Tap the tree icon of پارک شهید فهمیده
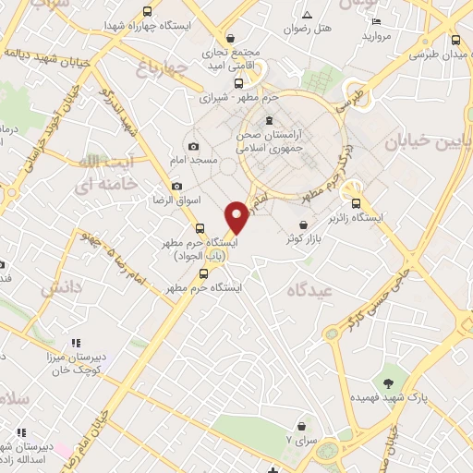pos(387,382)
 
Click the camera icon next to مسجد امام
pos(193,147)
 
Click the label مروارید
pos(379,37)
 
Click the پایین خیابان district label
pos(428,139)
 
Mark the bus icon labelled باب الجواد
pos(200,229)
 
